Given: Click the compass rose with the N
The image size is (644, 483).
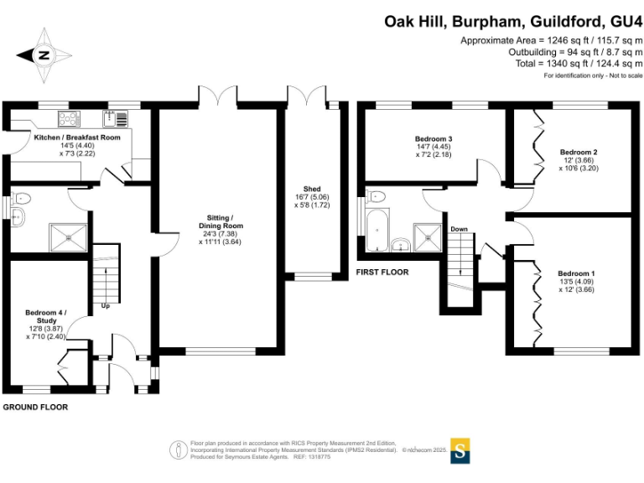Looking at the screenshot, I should click(44, 56).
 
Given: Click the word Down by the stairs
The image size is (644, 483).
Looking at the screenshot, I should click(459, 229).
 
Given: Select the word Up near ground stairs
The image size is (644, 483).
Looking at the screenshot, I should click(106, 305).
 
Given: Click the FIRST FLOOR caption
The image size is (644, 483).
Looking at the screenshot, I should click(382, 273).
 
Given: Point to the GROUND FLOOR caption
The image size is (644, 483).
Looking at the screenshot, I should click(34, 407).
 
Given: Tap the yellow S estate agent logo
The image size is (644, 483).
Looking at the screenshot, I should click(461, 449).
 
